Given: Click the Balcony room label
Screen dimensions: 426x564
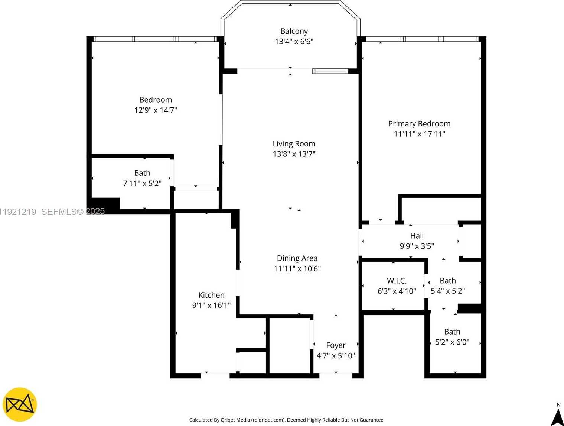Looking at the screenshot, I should coord(294,31).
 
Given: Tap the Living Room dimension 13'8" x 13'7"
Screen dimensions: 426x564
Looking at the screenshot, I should coord(294,154).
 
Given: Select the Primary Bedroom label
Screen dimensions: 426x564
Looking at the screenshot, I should coord(419,124).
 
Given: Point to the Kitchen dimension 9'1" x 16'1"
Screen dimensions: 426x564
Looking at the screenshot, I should coord(211,306).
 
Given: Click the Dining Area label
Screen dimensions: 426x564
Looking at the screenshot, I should coord(297,258).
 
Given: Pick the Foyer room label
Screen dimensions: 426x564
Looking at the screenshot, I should coord(336,345).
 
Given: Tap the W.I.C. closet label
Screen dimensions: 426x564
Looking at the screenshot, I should coord(397,281).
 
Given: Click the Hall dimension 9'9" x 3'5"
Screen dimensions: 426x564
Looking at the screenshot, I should coord(417,246).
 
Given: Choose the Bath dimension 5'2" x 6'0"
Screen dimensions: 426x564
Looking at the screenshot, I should coord(452,342).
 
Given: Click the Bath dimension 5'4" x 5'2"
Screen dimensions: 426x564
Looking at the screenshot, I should coord(447,291).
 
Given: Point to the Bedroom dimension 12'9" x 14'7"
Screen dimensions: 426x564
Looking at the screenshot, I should coord(156,110).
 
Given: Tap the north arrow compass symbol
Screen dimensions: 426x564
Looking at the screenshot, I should coord(557,416).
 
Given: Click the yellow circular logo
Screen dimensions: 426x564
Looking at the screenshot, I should coord(20,405).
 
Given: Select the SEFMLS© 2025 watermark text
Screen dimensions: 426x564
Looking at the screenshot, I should coord(73,212).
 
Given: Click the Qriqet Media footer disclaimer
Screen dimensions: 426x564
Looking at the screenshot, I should coord(286,420).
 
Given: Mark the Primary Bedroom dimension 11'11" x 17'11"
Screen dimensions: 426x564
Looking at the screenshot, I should coord(419,134).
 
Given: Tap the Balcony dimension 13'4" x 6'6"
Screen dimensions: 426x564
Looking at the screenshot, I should coord(294,42).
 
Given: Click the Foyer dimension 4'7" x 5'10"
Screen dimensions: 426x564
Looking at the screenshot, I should coord(336,356).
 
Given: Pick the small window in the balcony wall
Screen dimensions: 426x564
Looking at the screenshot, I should coord(330,71).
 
